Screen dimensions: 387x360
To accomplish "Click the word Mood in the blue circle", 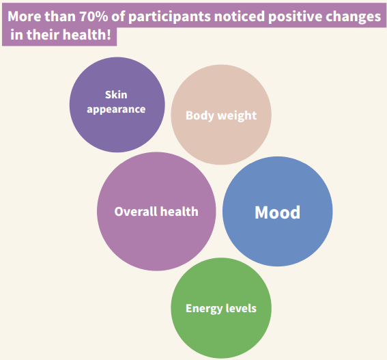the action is [x=277, y=212].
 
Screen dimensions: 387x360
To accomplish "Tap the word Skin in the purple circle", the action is [x=116, y=95].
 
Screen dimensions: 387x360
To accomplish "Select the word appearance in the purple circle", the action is [x=116, y=109].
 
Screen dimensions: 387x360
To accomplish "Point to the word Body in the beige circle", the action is [x=200, y=115].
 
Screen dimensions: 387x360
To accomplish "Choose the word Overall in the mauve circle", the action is [x=136, y=212].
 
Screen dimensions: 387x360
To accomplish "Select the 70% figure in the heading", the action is [x=94, y=16].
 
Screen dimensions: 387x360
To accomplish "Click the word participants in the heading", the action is [x=169, y=17].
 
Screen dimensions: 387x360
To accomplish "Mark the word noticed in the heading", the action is [x=240, y=16].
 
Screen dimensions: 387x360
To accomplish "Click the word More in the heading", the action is [x=24, y=16].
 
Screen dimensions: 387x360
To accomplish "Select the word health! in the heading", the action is [x=87, y=34].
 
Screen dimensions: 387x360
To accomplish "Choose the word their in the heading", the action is [x=43, y=34].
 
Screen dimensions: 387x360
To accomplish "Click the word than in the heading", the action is [x=60, y=16].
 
